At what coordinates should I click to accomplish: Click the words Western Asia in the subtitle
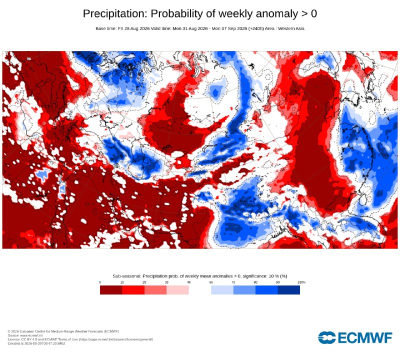click(x=291, y=28)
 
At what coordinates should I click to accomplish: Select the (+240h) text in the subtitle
click(x=256, y=28)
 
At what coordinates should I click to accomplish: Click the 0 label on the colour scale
click(x=100, y=282)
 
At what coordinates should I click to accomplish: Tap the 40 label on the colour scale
click(x=189, y=282)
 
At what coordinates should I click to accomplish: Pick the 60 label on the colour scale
click(x=211, y=282)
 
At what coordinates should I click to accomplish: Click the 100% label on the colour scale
click(x=301, y=282)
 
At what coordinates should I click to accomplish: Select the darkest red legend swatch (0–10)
click(x=111, y=290)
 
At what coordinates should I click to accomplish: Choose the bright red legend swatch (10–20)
click(x=133, y=290)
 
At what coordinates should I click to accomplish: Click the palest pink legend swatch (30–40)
click(x=177, y=290)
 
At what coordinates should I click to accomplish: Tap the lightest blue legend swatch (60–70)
click(x=222, y=290)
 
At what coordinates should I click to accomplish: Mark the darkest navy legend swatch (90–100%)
click(x=289, y=290)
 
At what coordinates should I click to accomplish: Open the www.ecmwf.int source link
click(x=31, y=335)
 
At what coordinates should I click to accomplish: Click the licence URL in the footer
click(x=116, y=339)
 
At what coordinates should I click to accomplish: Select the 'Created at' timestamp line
click(x=36, y=343)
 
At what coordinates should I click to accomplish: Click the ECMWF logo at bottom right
click(x=355, y=338)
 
